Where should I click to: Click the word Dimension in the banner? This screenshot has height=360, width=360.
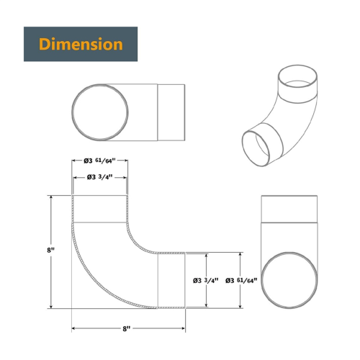click(x=81, y=44)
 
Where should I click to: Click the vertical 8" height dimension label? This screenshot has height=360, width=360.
click(x=50, y=250)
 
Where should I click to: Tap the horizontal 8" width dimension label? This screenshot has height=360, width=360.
click(x=127, y=328)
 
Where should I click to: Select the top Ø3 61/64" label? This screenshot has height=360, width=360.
click(x=99, y=161)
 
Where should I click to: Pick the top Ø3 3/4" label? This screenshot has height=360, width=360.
click(x=99, y=177)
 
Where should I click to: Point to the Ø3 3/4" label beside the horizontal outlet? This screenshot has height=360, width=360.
click(x=206, y=280)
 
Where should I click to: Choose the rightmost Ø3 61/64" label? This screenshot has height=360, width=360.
click(x=241, y=280)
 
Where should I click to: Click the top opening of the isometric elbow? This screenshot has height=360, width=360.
click(x=297, y=65)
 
